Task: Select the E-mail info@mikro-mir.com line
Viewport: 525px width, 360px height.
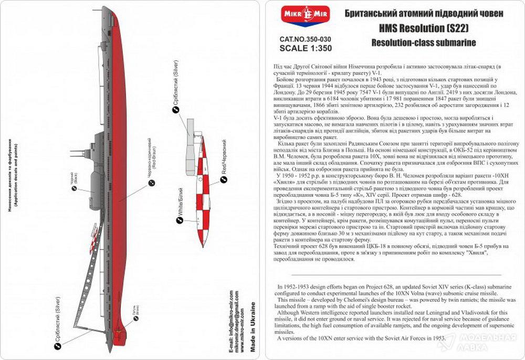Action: point(232,314)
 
